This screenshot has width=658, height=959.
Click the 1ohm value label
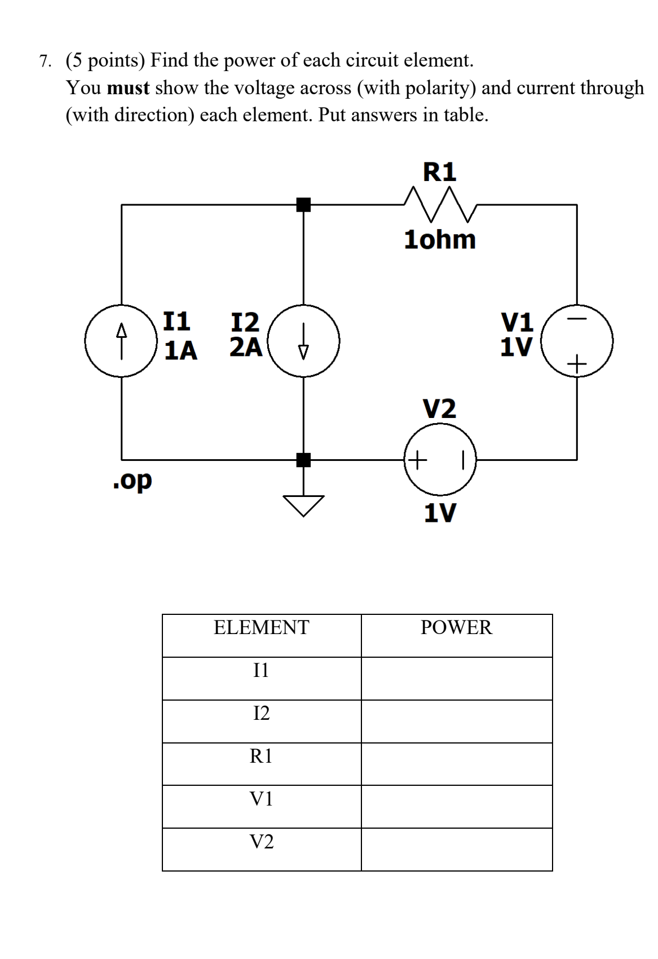tap(440, 240)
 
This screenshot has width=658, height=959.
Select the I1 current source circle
tap(121, 341)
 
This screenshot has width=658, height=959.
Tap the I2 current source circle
tap(303, 341)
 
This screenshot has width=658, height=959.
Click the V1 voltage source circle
tap(577, 341)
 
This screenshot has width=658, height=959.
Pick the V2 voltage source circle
tap(440, 459)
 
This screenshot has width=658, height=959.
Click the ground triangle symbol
tap(303, 504)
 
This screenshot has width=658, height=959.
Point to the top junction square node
tap(303, 205)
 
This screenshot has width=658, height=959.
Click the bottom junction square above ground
tap(303, 460)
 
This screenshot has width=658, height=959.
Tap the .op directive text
tap(132, 481)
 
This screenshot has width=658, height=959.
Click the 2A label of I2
tap(246, 347)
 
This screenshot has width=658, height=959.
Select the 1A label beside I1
tap(180, 350)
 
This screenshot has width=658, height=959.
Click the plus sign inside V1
tap(577, 364)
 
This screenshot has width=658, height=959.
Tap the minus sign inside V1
tap(577, 319)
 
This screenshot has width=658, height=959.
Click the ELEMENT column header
tap(261, 627)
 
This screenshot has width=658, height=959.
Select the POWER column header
tap(456, 627)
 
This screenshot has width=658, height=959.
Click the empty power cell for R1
tap(456, 764)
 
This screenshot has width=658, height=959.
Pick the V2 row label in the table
tap(261, 842)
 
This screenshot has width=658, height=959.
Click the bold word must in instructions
tap(128, 88)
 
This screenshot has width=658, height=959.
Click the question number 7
tap(45, 61)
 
